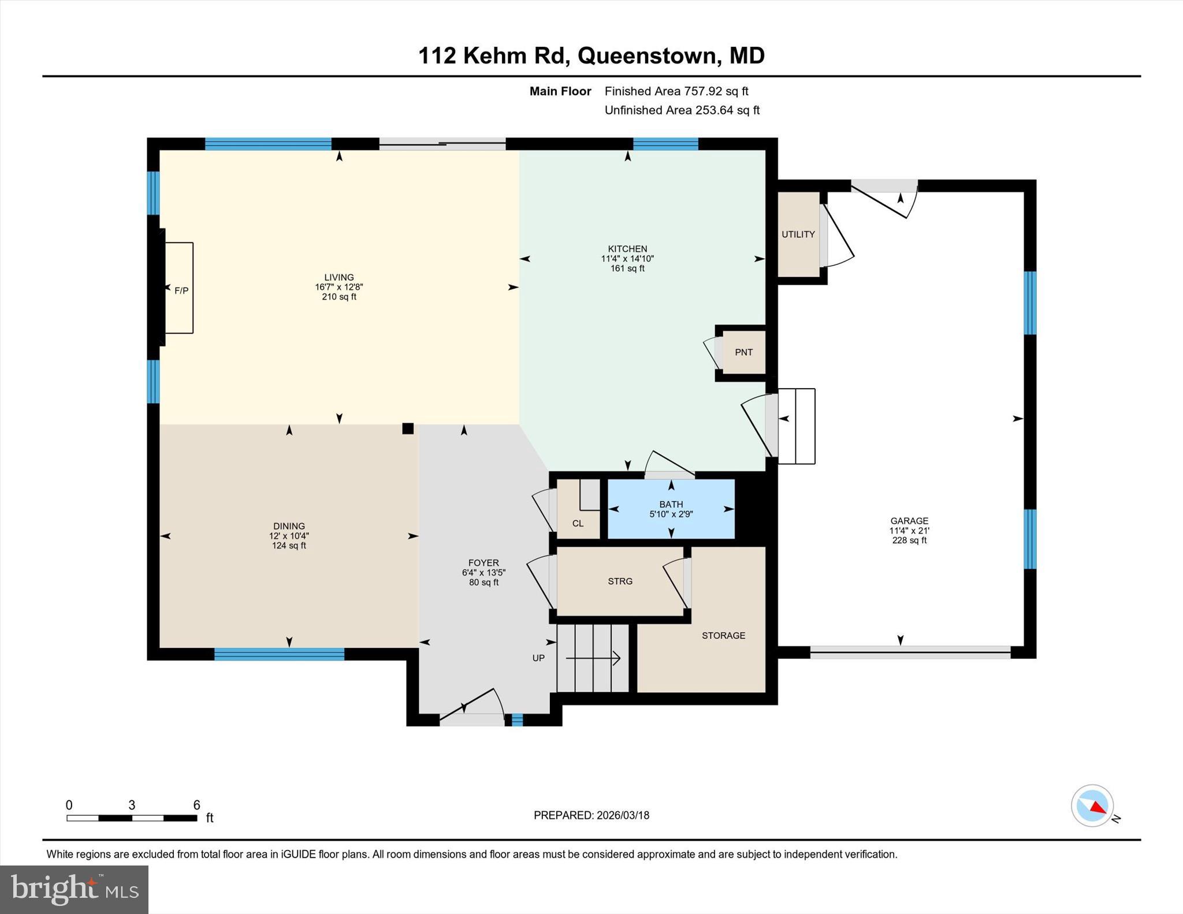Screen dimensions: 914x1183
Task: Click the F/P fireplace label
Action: click(181, 290)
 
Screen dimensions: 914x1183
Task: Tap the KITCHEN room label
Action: click(627, 249)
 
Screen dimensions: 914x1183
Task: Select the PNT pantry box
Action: click(743, 352)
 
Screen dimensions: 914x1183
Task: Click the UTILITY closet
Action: click(798, 234)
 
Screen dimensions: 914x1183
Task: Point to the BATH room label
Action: click(671, 504)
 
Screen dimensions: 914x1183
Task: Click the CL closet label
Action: click(578, 524)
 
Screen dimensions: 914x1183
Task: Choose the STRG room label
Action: click(620, 581)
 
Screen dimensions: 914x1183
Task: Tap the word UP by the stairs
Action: click(538, 658)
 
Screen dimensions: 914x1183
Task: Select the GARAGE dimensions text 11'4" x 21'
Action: click(909, 531)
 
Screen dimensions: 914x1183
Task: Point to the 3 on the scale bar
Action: click(132, 805)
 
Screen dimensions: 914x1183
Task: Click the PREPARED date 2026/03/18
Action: click(623, 815)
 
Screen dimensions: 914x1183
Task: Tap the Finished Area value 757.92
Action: click(704, 91)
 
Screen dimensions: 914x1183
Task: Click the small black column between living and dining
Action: click(408, 428)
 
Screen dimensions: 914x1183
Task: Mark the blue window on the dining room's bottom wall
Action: click(279, 654)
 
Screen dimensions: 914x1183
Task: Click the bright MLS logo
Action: click(74, 889)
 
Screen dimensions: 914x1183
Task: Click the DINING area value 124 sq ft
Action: click(289, 546)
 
